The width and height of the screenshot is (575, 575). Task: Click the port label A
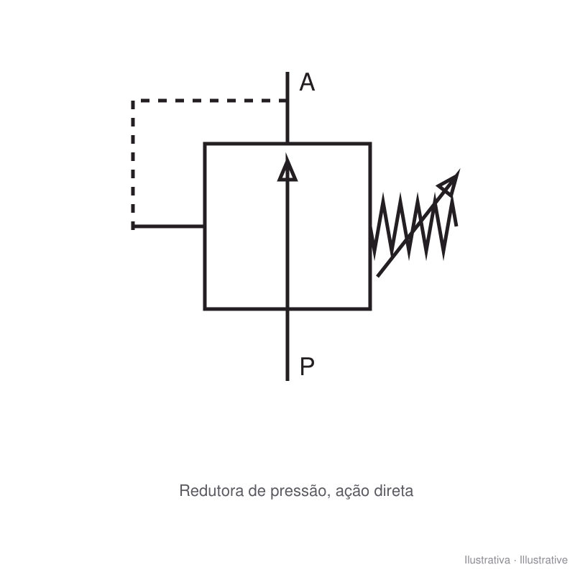pos(307,82)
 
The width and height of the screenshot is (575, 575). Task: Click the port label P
pos(307,366)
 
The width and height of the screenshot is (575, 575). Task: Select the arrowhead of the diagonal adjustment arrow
pos(450,183)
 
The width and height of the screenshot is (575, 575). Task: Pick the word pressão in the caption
pos(298,492)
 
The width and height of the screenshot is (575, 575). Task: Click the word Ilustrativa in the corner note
pos(487,560)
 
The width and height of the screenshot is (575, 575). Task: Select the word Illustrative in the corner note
pos(543,560)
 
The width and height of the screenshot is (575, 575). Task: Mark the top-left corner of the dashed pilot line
pos(133,101)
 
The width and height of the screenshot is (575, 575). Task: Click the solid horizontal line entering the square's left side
pos(168,226)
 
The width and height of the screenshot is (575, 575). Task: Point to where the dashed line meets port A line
pos(287,101)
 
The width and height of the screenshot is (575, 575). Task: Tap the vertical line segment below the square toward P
pos(287,346)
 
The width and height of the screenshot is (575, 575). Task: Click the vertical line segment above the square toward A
pos(287,107)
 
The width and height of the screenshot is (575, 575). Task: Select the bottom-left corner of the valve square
pos(205,309)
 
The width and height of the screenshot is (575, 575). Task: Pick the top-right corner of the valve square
pos(370,143)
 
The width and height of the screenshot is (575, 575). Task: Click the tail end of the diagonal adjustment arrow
pos(378,276)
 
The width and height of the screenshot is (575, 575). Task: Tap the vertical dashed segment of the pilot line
pos(133,164)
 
